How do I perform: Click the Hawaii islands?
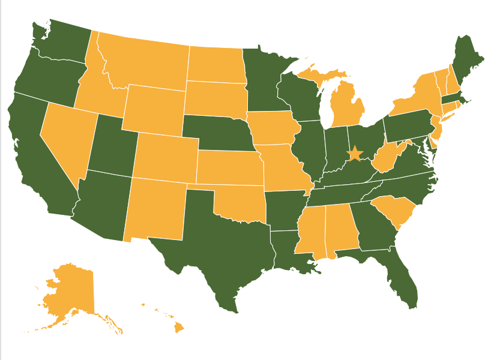[179, 328]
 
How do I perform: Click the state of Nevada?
[66, 144]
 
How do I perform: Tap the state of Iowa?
[273, 129]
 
